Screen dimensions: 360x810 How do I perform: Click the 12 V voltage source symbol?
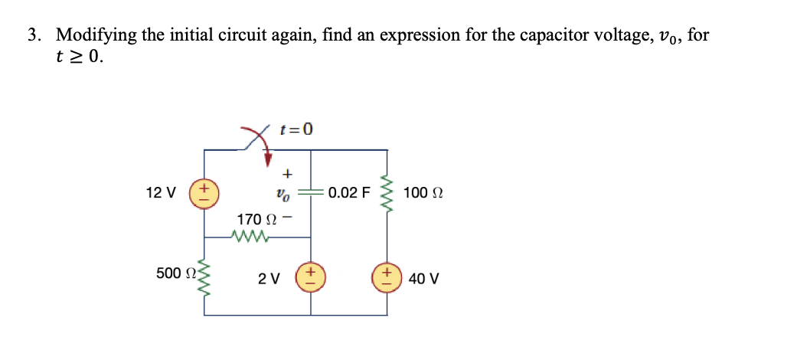click(206, 191)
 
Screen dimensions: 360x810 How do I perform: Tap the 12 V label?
click(160, 191)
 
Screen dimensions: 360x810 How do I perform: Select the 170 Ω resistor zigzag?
click(253, 237)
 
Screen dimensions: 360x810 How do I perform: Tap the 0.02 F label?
click(348, 191)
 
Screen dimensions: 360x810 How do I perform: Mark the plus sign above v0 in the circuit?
click(289, 173)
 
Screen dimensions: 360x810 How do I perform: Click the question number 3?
click(34, 35)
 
